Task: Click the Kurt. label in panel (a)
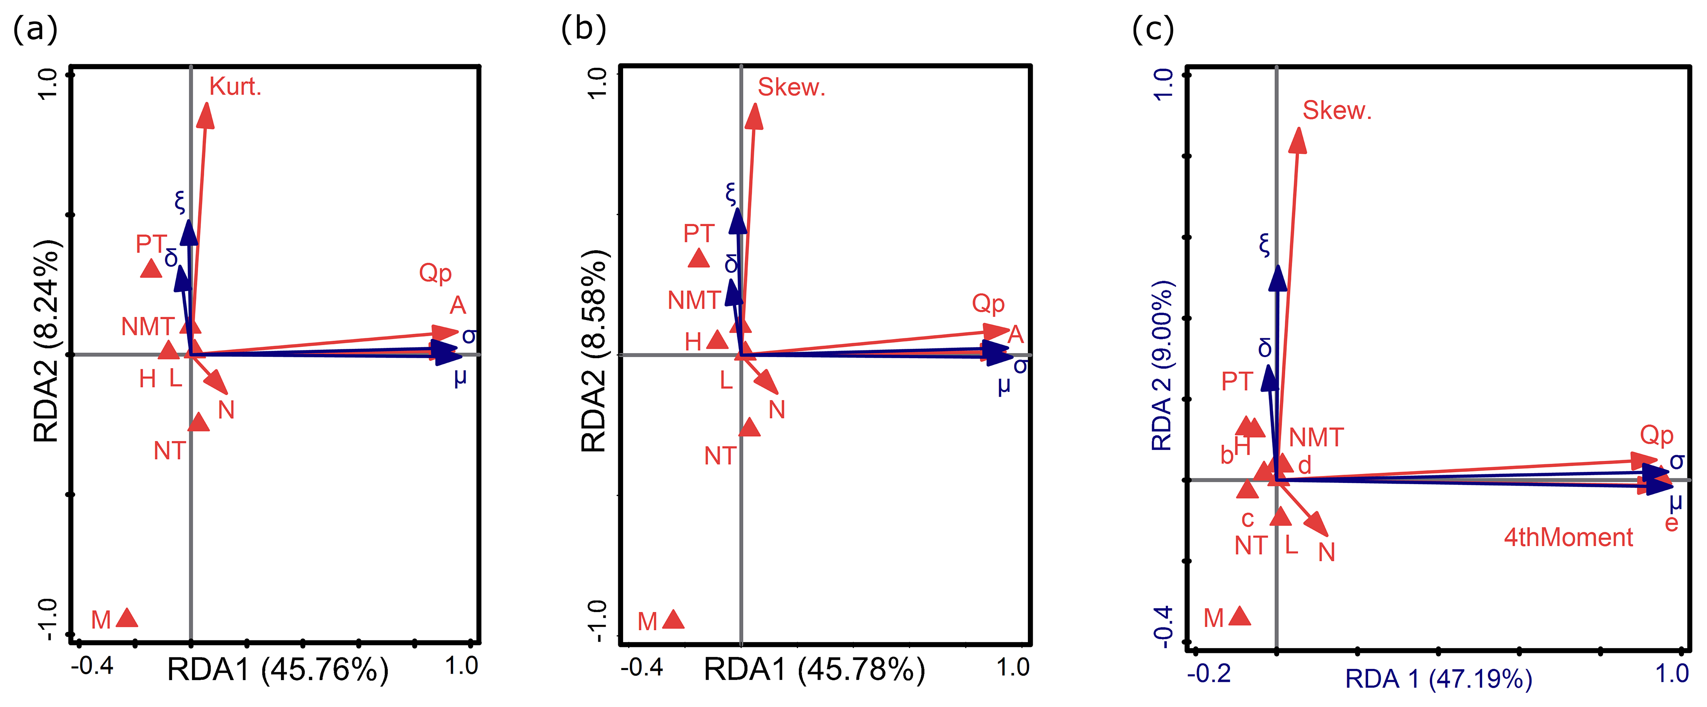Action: pyautogui.click(x=235, y=87)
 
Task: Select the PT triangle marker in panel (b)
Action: pyautogui.click(x=699, y=258)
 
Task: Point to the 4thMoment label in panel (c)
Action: pyautogui.click(x=1568, y=537)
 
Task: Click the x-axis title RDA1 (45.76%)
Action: pyautogui.click(x=278, y=670)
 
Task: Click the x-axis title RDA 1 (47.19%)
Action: pyautogui.click(x=1438, y=679)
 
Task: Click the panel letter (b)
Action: pyautogui.click(x=583, y=29)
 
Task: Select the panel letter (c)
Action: pyautogui.click(x=1152, y=29)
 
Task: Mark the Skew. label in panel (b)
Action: pyautogui.click(x=791, y=87)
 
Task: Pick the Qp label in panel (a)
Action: pyautogui.click(x=435, y=273)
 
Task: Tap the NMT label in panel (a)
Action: pyautogui.click(x=147, y=326)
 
